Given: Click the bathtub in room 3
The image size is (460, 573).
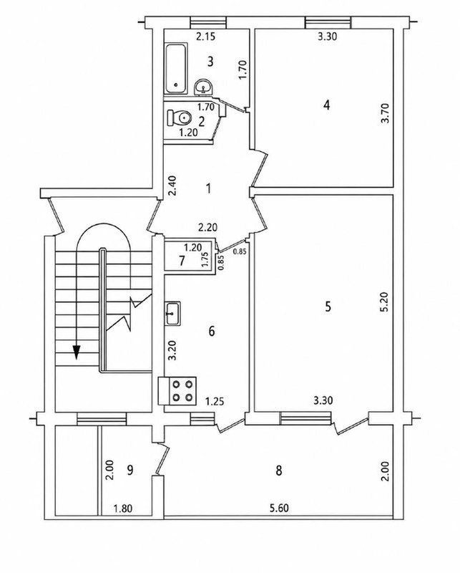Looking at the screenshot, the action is [x=176, y=68].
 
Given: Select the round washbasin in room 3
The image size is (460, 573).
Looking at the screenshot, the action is [x=204, y=87].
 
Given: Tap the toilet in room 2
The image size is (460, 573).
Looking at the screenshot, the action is [x=180, y=117].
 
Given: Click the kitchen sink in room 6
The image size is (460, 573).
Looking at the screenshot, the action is [x=172, y=313].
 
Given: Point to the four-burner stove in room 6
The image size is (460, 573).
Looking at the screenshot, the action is [x=177, y=390].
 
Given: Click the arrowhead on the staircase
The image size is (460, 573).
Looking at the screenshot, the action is [x=77, y=352].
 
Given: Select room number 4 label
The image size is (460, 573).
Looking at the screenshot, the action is [x=327, y=105].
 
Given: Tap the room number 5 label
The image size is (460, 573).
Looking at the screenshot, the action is [x=328, y=307].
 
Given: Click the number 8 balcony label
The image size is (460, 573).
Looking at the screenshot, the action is [x=279, y=471].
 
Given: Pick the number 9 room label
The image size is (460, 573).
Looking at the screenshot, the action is [x=129, y=470].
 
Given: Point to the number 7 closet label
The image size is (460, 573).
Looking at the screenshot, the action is [x=182, y=261].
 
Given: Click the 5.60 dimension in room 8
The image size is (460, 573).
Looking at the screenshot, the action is [x=278, y=508].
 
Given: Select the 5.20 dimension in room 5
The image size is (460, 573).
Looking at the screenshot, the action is [x=387, y=302].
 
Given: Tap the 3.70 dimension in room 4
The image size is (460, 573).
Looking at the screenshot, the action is [x=386, y=113].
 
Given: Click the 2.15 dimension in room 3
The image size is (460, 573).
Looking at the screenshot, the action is [x=206, y=37].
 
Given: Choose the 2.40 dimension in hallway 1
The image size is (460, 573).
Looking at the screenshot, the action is [x=172, y=186].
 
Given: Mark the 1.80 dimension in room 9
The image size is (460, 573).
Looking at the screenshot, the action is [x=122, y=509].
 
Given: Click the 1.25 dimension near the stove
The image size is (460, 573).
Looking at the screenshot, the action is [x=215, y=402].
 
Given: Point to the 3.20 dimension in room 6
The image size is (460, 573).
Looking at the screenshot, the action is [x=172, y=350].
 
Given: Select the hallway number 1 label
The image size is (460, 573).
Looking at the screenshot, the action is [x=208, y=188].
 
